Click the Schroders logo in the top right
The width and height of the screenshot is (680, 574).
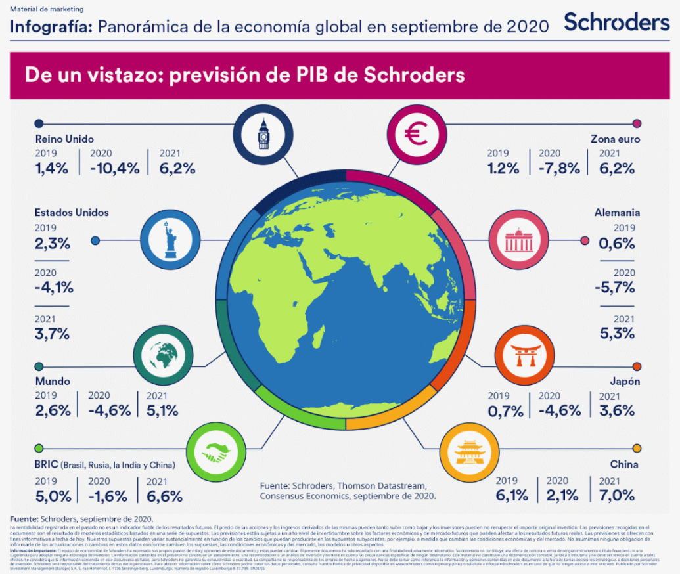click(616, 22)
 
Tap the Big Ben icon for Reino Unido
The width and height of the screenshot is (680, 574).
click(264, 135)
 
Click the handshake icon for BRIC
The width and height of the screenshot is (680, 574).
click(215, 453)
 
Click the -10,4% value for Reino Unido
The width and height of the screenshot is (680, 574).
click(115, 168)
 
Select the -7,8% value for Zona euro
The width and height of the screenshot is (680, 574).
click(559, 168)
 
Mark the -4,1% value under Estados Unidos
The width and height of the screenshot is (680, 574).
click(54, 287)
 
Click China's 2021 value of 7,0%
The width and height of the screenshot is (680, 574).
click(617, 495)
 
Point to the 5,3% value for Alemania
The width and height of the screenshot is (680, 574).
click(617, 333)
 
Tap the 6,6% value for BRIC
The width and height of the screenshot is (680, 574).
click(164, 495)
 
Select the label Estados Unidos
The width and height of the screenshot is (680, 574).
click(72, 213)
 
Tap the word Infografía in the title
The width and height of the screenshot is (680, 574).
click(52, 26)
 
